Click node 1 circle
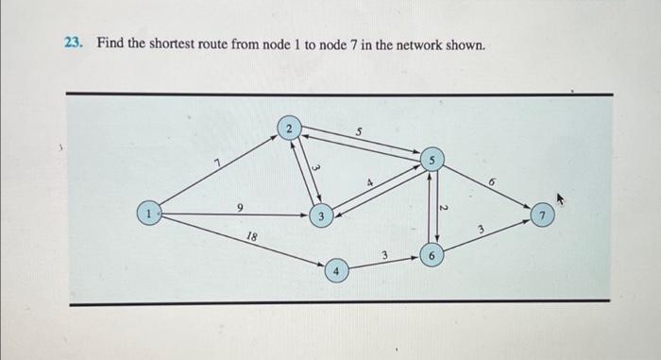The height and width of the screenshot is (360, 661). click(x=147, y=214)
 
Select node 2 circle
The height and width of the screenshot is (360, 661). click(x=290, y=128)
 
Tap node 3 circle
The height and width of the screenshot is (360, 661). click(x=322, y=216)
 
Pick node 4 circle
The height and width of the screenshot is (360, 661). click(x=336, y=271)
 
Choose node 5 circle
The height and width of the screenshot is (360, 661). click(x=432, y=159)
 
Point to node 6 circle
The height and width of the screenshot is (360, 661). click(x=431, y=256)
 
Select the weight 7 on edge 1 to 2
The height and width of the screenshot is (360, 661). click(x=217, y=164)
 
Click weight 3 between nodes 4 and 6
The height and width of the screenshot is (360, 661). click(x=384, y=255)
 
